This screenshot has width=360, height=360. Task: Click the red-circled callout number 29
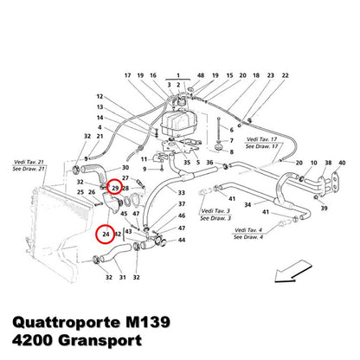(x=115, y=189)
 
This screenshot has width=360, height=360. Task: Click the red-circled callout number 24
(x=106, y=234)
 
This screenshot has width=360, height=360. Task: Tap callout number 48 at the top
(x=201, y=75)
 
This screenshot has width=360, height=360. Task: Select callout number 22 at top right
(x=285, y=75)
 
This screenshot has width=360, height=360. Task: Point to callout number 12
(x=100, y=96)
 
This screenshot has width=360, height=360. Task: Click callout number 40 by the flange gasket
(x=342, y=163)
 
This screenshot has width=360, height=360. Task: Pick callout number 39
(x=325, y=208)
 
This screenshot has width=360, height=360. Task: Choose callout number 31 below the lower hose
(x=123, y=277)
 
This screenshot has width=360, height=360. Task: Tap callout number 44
(x=182, y=240)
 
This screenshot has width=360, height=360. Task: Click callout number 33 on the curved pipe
(x=182, y=193)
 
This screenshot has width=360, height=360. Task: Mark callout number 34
(x=247, y=205)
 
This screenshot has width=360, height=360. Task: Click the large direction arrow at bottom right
(x=293, y=271)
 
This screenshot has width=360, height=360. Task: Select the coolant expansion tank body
(x=179, y=123)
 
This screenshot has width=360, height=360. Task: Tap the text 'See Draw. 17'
(x=262, y=146)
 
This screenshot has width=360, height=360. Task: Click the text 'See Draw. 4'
(x=248, y=237)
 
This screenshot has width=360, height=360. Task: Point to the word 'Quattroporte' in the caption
(x=67, y=322)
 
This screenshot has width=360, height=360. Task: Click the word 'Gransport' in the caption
(x=100, y=341)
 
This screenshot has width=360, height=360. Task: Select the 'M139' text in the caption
(x=148, y=322)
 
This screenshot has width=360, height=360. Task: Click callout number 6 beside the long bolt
(x=231, y=130)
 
